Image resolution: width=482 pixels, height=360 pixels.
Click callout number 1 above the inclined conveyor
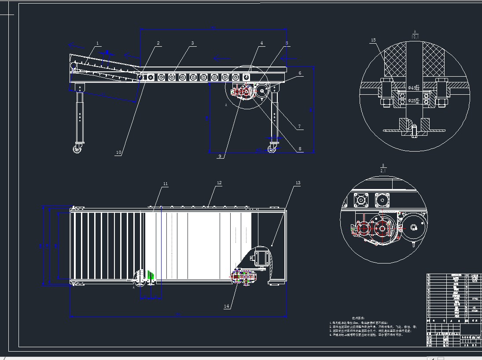click(x=98, y=43)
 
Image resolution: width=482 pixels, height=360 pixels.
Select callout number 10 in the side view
click(x=118, y=152)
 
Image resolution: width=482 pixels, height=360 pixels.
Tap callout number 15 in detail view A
click(x=373, y=40)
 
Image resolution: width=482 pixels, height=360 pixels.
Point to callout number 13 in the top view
click(x=298, y=182)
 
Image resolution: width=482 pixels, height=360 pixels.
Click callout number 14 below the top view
click(x=227, y=306)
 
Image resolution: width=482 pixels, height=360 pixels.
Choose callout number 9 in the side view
click(x=219, y=156)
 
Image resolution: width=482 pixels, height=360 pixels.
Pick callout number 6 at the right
click(x=300, y=73)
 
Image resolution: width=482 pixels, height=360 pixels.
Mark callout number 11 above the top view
click(x=166, y=183)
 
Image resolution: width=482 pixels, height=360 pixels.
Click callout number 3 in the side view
click(x=192, y=43)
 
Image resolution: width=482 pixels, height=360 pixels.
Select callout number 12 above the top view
click(x=219, y=182)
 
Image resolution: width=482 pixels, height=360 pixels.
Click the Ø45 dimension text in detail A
click(x=413, y=88)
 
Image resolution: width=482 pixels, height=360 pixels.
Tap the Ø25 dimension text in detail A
click(x=413, y=101)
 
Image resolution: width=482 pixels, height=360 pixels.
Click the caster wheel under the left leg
click(x=78, y=149)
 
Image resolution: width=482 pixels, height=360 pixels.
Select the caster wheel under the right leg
click(x=272, y=150)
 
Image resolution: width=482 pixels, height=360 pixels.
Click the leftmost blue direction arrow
click(x=76, y=45)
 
